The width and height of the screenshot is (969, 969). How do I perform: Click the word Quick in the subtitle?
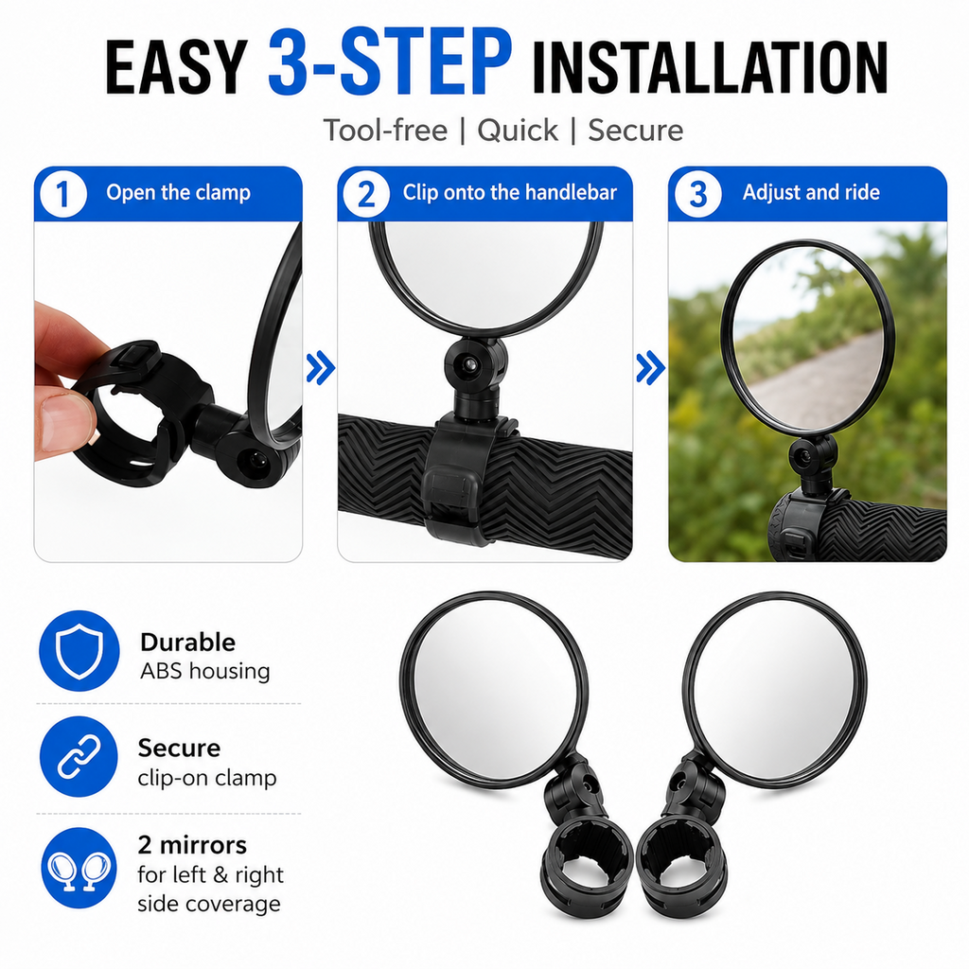[518, 131]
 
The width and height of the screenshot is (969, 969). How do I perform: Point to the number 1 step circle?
[63, 195]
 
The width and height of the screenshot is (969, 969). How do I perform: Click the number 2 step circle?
[366, 195]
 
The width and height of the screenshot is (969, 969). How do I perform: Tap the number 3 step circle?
[697, 195]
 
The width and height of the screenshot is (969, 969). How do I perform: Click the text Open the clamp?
[179, 193]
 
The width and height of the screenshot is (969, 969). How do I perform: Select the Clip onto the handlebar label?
[510, 192]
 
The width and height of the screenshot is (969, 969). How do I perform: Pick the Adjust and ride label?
[811, 192]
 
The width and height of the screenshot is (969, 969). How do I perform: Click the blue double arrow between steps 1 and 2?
[321, 368]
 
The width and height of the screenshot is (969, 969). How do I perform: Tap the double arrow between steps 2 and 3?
[651, 368]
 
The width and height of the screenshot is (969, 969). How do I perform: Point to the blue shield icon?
[79, 651]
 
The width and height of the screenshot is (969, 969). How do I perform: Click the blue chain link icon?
[79, 756]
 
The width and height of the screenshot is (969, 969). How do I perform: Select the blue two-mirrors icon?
[79, 868]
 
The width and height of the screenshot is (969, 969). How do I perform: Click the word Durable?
[188, 643]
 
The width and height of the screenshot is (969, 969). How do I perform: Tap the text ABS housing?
[205, 671]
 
